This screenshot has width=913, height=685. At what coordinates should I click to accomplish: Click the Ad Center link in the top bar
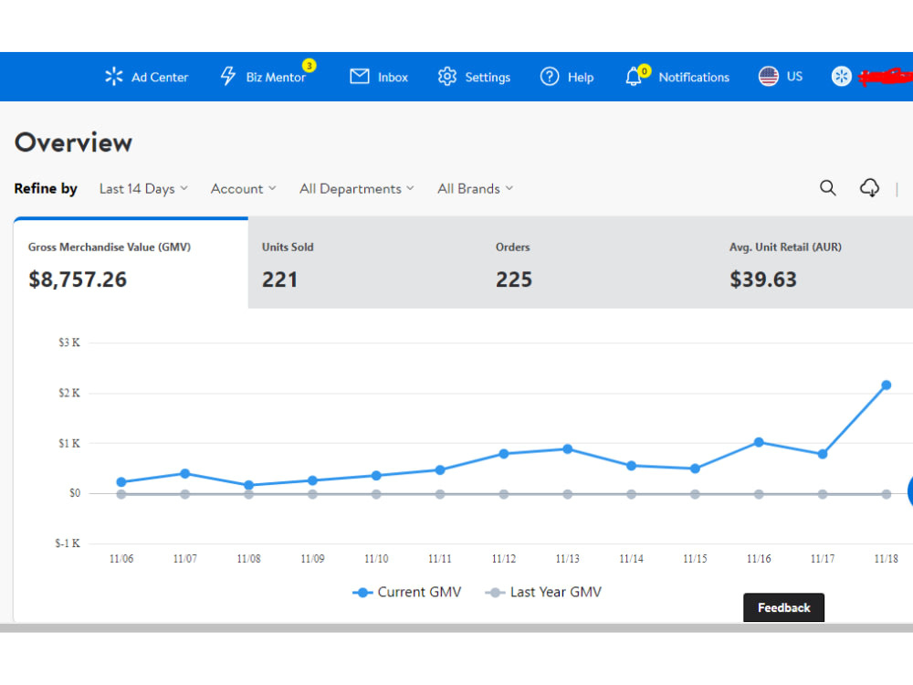(147, 77)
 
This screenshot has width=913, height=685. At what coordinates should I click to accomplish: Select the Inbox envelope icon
(359, 77)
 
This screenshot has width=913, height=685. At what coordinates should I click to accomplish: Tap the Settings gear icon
(447, 77)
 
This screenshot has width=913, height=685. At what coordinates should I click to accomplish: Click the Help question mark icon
(549, 77)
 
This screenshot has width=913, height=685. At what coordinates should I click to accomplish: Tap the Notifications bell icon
(634, 77)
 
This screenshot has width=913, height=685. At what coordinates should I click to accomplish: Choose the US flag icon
(769, 77)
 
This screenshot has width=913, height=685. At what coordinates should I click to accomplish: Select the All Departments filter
(356, 189)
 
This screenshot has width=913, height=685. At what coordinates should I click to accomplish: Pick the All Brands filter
(475, 189)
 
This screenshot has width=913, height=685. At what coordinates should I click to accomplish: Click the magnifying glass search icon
(828, 188)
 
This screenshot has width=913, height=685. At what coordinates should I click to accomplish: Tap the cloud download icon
(870, 188)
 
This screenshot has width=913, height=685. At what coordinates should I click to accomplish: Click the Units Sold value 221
(279, 279)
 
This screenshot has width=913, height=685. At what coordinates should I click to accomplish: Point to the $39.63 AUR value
(762, 279)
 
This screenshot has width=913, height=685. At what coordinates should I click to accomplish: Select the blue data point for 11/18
(887, 385)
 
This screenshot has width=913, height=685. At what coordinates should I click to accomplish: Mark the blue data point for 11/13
(568, 449)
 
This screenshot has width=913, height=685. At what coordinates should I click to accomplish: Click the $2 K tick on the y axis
(69, 393)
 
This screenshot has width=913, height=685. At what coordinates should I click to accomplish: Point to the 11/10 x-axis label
(376, 559)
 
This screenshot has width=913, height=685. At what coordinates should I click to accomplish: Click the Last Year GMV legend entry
(543, 593)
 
